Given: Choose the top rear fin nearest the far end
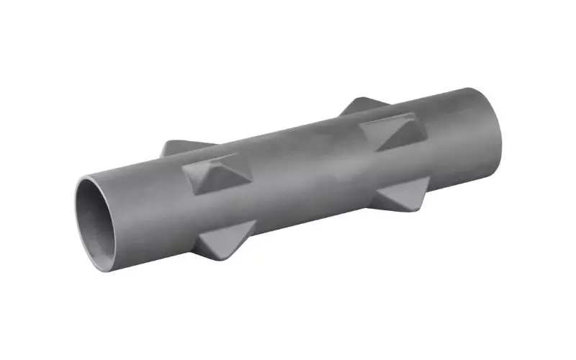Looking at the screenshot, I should pos(364,106).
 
